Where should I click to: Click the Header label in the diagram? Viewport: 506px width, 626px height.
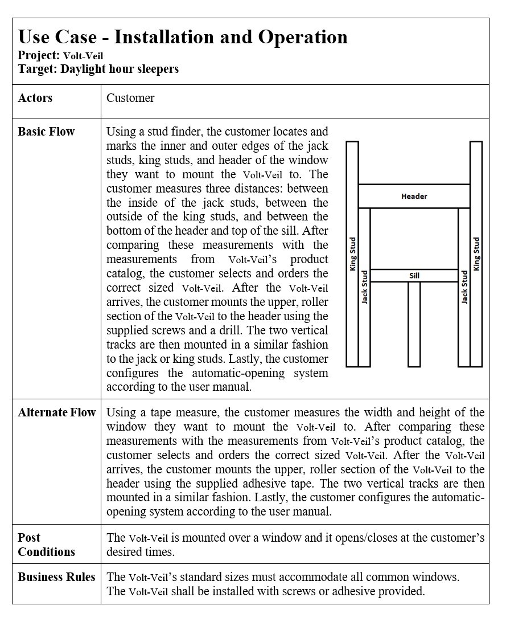tap(414, 197)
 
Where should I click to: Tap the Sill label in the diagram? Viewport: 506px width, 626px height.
tap(414, 276)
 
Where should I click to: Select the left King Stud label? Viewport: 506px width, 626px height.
tap(353, 254)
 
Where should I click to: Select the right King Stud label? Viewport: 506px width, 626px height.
tap(476, 254)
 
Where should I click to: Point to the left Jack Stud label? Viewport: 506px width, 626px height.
tap(365, 287)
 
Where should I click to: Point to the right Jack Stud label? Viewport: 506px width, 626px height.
tap(464, 287)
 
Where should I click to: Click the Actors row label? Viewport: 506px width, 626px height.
tap(35, 98)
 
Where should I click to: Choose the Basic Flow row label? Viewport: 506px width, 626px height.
tap(46, 132)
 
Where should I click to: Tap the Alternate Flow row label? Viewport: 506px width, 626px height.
tap(57, 412)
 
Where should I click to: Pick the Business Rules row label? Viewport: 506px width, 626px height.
tap(56, 577)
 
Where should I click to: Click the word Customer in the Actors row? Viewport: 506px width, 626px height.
tap(130, 98)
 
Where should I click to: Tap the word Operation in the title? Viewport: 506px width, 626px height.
tap(303, 37)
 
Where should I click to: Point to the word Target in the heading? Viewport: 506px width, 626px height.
tap(37, 69)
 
